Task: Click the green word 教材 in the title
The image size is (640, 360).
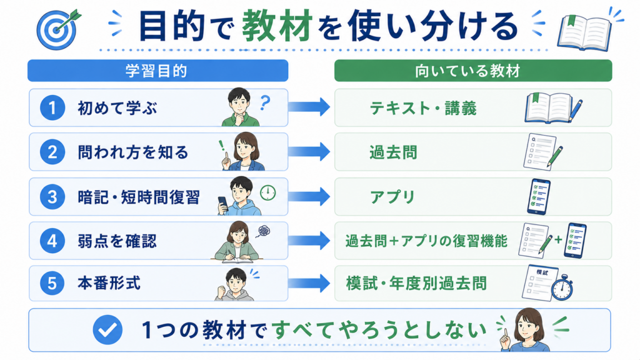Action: coord(277,27)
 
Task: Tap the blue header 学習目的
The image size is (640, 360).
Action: coord(157,71)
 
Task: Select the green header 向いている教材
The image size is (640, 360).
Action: coord(473,71)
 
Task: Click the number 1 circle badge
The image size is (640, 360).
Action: coord(52,107)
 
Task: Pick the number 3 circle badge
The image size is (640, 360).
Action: coord(52,196)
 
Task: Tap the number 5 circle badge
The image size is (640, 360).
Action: coord(52,283)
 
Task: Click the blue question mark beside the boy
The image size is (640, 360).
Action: coord(265,102)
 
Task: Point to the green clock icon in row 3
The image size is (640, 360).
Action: coord(267,192)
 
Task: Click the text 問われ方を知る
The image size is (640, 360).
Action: coord(133,152)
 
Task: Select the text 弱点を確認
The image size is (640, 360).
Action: coord(117,241)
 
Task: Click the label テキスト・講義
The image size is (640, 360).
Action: coord(423,108)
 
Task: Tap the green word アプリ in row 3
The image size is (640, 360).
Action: coord(392,197)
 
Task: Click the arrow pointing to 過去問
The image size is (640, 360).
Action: coord(309,151)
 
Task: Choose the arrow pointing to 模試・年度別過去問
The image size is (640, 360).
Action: coord(309,283)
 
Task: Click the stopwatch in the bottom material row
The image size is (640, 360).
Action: coord(562,287)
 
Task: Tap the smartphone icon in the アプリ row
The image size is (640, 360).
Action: coord(539,197)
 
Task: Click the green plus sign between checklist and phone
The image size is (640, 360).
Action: coord(558,239)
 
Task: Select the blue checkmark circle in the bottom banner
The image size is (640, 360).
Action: coord(107,330)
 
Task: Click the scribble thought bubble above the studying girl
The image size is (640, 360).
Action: coord(263,231)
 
